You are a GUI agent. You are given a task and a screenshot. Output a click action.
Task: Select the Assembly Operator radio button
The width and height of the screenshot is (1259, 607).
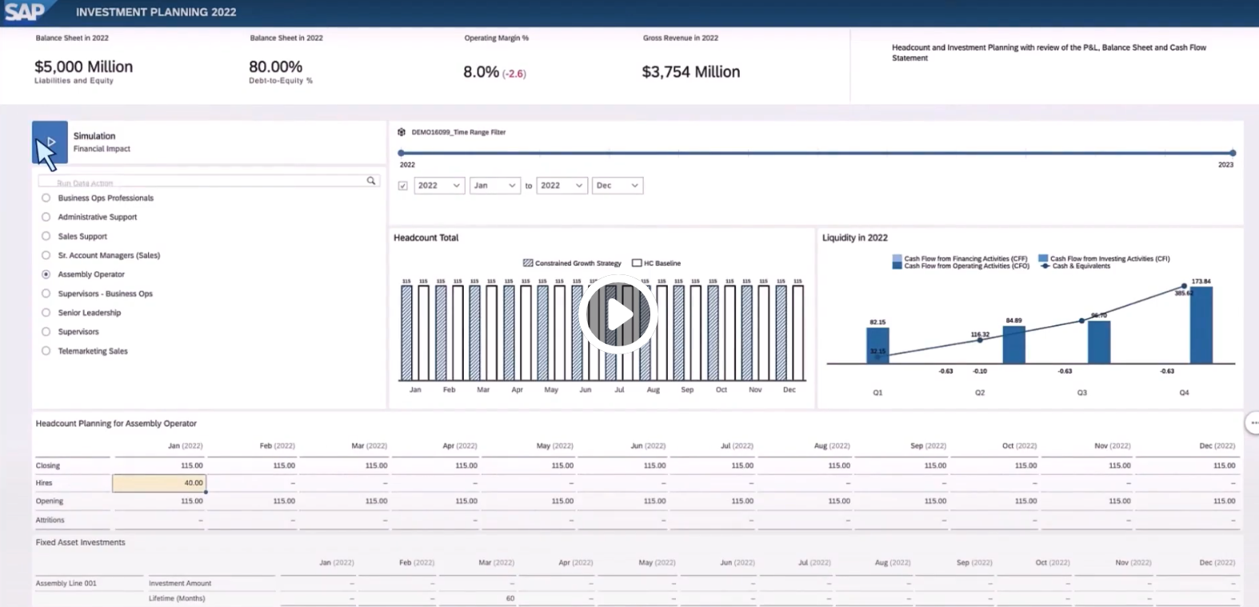[46, 274]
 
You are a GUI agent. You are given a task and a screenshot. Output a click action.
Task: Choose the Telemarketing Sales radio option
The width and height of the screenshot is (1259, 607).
[46, 351]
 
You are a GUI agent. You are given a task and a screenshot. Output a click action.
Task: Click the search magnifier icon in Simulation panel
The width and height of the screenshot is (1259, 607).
[371, 181]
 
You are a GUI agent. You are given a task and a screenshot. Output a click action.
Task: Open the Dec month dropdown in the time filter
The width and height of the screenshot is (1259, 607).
[617, 186]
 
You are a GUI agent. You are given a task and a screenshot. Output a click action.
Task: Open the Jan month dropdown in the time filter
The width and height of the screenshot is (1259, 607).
[494, 186]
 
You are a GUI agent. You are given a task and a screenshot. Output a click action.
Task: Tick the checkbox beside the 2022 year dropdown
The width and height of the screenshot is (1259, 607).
[403, 186]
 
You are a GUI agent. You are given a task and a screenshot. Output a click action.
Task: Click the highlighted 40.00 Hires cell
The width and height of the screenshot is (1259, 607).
[160, 483]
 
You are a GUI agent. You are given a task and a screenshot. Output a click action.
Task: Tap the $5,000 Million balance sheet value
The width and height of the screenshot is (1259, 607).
[84, 67]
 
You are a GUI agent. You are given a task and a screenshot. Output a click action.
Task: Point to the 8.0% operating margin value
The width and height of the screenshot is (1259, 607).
[481, 72]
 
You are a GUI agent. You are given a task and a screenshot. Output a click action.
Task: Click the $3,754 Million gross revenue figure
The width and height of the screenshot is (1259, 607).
[691, 72]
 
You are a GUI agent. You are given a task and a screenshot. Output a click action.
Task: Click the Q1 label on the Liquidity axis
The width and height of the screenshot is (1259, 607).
[877, 393]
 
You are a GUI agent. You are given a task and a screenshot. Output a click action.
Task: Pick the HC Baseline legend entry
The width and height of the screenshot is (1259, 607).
[657, 263]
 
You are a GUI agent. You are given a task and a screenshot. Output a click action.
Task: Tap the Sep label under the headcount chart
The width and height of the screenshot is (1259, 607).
[687, 389]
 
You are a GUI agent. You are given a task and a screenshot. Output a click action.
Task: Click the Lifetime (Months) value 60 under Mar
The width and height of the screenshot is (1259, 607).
[510, 598]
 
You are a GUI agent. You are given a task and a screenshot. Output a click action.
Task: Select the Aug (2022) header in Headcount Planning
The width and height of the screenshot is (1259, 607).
[832, 445]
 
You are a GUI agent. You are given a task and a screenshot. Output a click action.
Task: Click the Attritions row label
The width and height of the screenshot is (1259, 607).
[50, 520]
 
